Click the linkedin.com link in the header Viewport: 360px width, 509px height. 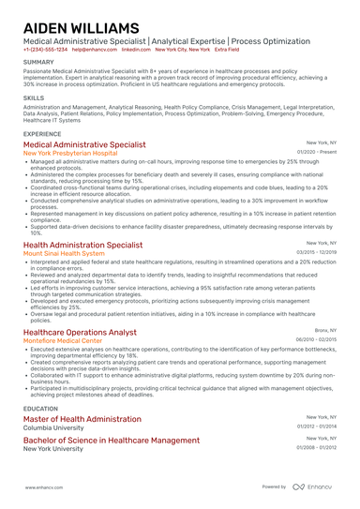137,49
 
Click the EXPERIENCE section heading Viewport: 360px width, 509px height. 43,134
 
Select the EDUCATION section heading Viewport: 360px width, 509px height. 40,409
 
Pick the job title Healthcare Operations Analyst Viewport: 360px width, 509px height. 80,332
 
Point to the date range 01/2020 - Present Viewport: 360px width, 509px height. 317,152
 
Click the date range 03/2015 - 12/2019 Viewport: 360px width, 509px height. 317,253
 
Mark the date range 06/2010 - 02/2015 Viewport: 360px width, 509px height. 317,340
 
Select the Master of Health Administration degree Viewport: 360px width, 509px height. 82,419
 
